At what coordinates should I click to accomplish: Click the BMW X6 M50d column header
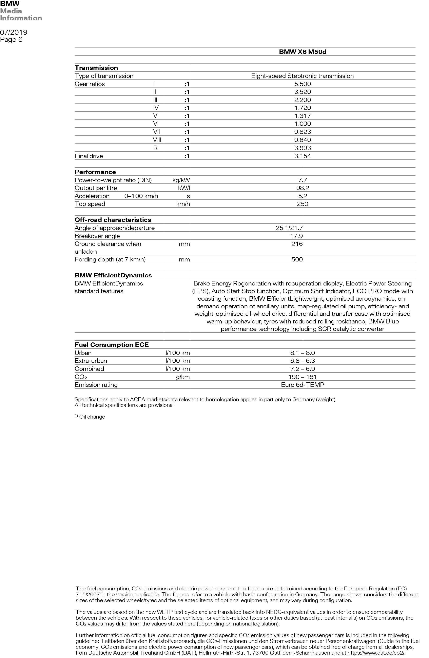click(302, 52)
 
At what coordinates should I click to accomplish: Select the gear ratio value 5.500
click(302, 84)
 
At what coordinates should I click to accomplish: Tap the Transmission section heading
click(96, 68)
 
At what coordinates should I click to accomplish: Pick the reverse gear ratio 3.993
click(302, 148)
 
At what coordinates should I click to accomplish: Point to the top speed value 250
click(302, 204)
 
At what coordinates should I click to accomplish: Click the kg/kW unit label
click(181, 180)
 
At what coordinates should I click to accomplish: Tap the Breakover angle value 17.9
click(297, 236)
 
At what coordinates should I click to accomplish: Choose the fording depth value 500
click(297, 259)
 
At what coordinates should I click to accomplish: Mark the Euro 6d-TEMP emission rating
click(302, 385)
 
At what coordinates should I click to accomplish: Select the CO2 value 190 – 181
click(302, 377)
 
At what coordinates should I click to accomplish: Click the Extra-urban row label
click(91, 361)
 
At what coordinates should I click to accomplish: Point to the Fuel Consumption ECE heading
click(112, 345)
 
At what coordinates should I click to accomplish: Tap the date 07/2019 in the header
click(14, 32)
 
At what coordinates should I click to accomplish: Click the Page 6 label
click(11, 40)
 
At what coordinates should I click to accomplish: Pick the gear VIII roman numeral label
click(157, 140)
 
